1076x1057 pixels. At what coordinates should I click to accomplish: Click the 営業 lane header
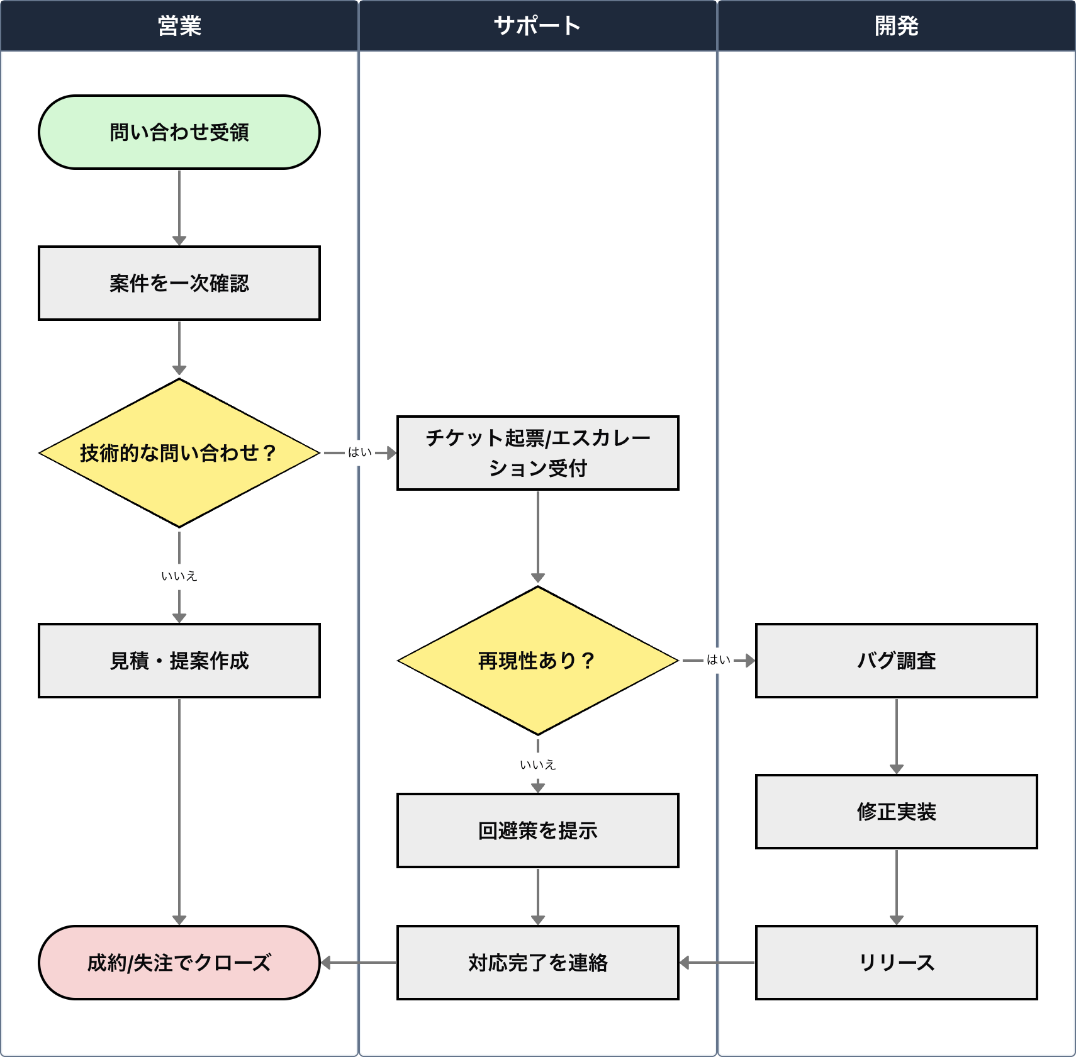point(179,26)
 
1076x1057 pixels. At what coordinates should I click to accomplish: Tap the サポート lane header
point(537,26)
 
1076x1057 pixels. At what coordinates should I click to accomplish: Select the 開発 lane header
point(896,26)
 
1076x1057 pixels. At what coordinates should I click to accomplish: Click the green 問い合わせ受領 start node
point(179,132)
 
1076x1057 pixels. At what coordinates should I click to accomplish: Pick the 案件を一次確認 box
point(179,283)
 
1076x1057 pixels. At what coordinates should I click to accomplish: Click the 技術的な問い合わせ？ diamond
point(179,453)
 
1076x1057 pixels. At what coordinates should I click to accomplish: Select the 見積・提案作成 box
point(179,661)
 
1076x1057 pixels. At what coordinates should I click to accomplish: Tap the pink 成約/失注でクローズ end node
point(179,963)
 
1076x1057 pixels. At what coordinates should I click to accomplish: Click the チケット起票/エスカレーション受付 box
point(538,453)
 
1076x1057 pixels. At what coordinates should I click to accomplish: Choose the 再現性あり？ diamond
point(538,661)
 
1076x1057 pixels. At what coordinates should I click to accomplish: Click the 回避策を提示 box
point(538,830)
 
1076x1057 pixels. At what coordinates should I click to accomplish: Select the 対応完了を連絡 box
point(538,963)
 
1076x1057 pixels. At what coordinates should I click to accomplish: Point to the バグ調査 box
point(897,661)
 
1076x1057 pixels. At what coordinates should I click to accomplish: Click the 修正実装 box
point(897,812)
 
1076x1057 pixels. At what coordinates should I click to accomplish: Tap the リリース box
point(897,963)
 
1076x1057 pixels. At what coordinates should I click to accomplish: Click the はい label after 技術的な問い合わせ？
point(360,452)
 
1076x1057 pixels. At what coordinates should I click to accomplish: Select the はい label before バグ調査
point(719,660)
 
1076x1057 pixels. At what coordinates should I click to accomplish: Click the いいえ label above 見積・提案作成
point(179,576)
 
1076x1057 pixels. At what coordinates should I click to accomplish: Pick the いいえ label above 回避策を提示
point(538,765)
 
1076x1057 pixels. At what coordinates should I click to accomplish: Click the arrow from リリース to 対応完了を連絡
point(717,963)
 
